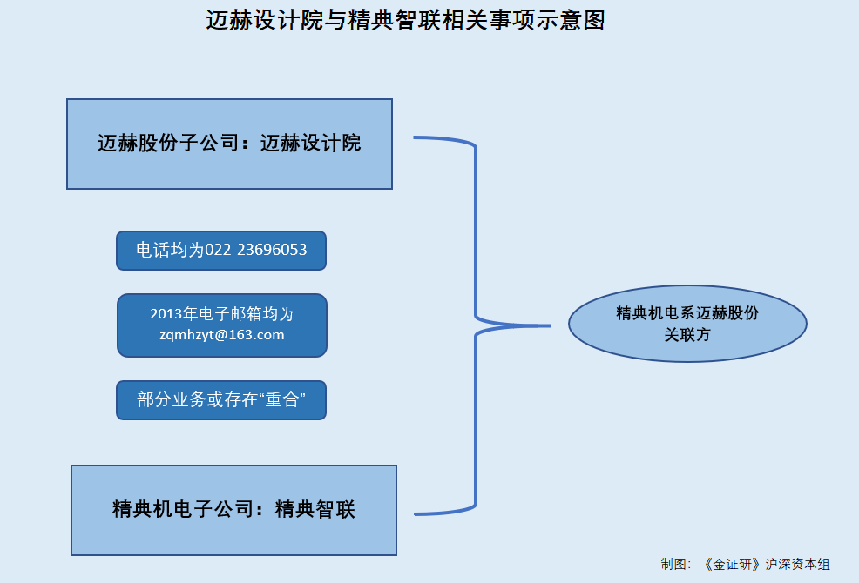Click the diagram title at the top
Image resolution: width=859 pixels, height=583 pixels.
(x=405, y=21)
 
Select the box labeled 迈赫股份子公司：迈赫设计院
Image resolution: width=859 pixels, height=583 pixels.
(x=229, y=144)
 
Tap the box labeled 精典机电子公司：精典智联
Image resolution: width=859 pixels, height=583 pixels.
(x=234, y=510)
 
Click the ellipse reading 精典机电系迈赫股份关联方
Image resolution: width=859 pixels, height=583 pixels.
(x=687, y=324)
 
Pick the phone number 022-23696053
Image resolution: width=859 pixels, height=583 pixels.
(x=256, y=250)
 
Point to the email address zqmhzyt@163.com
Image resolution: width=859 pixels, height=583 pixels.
(x=222, y=334)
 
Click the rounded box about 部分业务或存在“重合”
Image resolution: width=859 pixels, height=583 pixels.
(x=221, y=400)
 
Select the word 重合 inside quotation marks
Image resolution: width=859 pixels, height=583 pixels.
(x=281, y=399)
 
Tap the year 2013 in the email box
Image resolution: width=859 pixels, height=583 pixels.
(x=166, y=313)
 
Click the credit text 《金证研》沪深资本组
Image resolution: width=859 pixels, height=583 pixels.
(x=767, y=565)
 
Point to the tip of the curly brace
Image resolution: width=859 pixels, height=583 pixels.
(x=550, y=325)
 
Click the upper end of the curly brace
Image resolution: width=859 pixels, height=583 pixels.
(x=415, y=137)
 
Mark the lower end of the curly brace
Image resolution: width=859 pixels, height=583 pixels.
(x=416, y=514)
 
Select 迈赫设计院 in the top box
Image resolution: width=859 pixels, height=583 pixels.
(x=311, y=144)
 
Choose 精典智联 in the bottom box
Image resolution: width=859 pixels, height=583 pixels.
(x=315, y=509)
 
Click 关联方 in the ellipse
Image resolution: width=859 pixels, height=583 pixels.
(x=687, y=334)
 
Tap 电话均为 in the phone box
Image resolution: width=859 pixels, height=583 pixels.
(x=170, y=250)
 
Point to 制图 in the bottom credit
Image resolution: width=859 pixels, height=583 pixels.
(x=673, y=565)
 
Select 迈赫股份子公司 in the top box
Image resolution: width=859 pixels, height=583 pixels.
(x=169, y=144)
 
